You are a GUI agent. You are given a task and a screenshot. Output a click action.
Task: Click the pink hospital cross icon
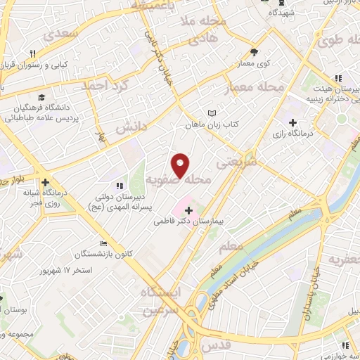point(188,210)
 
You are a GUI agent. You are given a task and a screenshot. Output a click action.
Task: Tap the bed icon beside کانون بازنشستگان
point(105,243)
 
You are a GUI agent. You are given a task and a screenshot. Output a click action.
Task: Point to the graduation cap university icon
point(42,96)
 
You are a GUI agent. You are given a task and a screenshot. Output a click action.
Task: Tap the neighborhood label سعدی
point(59,34)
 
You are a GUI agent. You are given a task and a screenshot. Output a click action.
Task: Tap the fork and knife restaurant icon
point(33,53)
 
